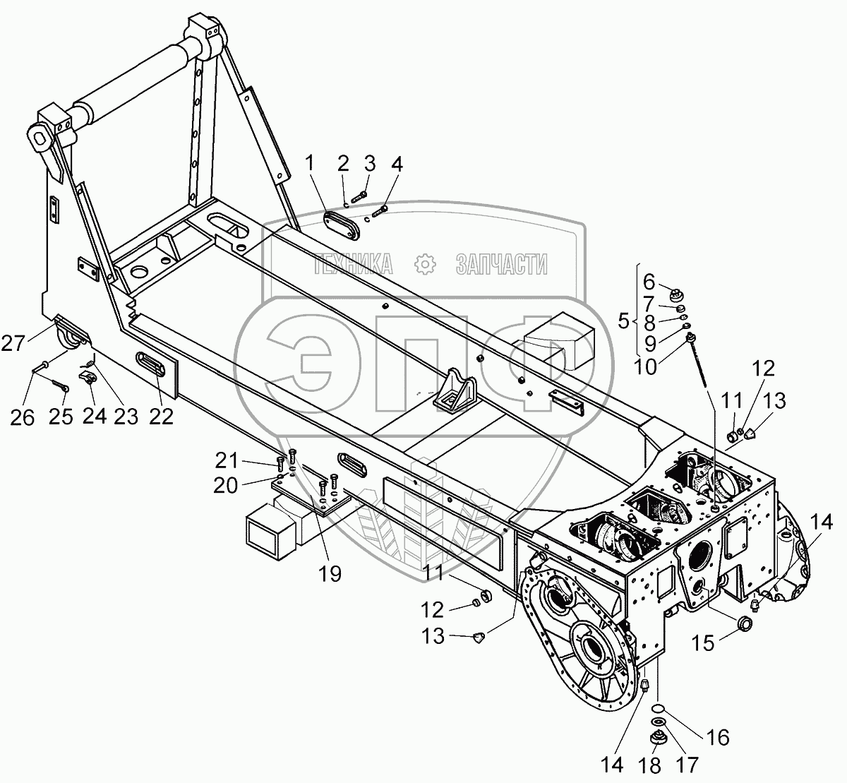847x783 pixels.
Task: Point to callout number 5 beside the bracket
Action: click(x=623, y=321)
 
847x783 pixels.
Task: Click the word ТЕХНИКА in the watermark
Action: click(x=354, y=265)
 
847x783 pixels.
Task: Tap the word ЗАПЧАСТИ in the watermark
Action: click(x=502, y=265)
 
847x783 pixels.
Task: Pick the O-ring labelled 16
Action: click(x=657, y=709)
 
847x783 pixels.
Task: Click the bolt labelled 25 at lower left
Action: click(x=59, y=385)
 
